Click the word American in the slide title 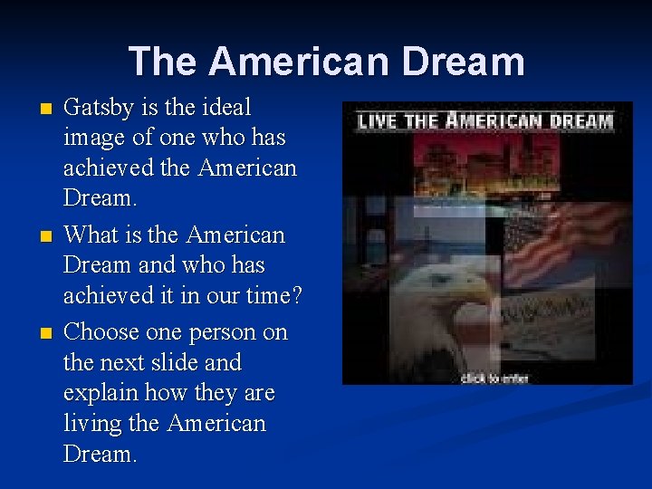click(297, 62)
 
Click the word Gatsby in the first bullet click(99, 108)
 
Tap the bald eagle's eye click(441, 282)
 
